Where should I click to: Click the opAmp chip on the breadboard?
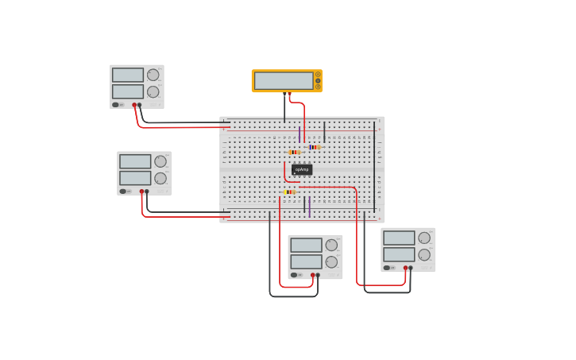click(302, 169)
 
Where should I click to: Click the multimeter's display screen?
click(284, 80)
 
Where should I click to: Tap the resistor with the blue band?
click(315, 147)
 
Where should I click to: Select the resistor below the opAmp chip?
click(289, 192)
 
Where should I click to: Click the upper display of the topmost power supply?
click(127, 75)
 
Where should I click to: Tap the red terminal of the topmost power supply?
click(134, 104)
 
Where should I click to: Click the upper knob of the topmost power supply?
click(153, 75)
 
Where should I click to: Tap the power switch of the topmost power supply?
click(116, 104)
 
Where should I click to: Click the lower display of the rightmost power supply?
click(399, 254)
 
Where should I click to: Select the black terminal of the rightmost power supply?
click(411, 268)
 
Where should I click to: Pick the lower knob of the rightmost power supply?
click(424, 255)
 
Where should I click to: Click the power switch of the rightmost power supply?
click(387, 268)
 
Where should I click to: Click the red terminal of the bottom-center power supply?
click(312, 275)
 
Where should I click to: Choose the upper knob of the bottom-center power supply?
click(331, 245)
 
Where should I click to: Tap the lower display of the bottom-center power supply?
click(306, 261)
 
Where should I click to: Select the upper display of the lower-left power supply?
click(135, 161)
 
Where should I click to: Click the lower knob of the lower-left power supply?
click(160, 178)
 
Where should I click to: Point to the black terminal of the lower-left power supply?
click(147, 191)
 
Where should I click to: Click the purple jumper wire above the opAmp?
click(300, 134)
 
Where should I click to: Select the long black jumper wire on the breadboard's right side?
click(374, 167)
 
